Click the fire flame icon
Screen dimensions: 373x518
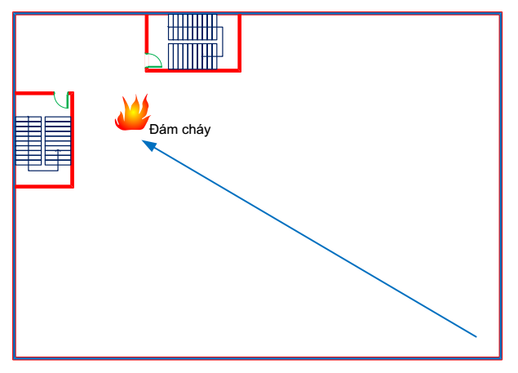(132, 113)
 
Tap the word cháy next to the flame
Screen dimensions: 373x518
(196, 130)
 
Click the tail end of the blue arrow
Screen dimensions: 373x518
(476, 336)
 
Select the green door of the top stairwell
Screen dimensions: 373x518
(153, 60)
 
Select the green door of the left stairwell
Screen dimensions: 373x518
(60, 100)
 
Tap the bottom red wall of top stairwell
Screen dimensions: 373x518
(193, 70)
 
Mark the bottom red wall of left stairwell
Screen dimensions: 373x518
(44, 186)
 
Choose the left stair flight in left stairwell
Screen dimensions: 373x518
(29, 141)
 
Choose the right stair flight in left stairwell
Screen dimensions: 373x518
(57, 140)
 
